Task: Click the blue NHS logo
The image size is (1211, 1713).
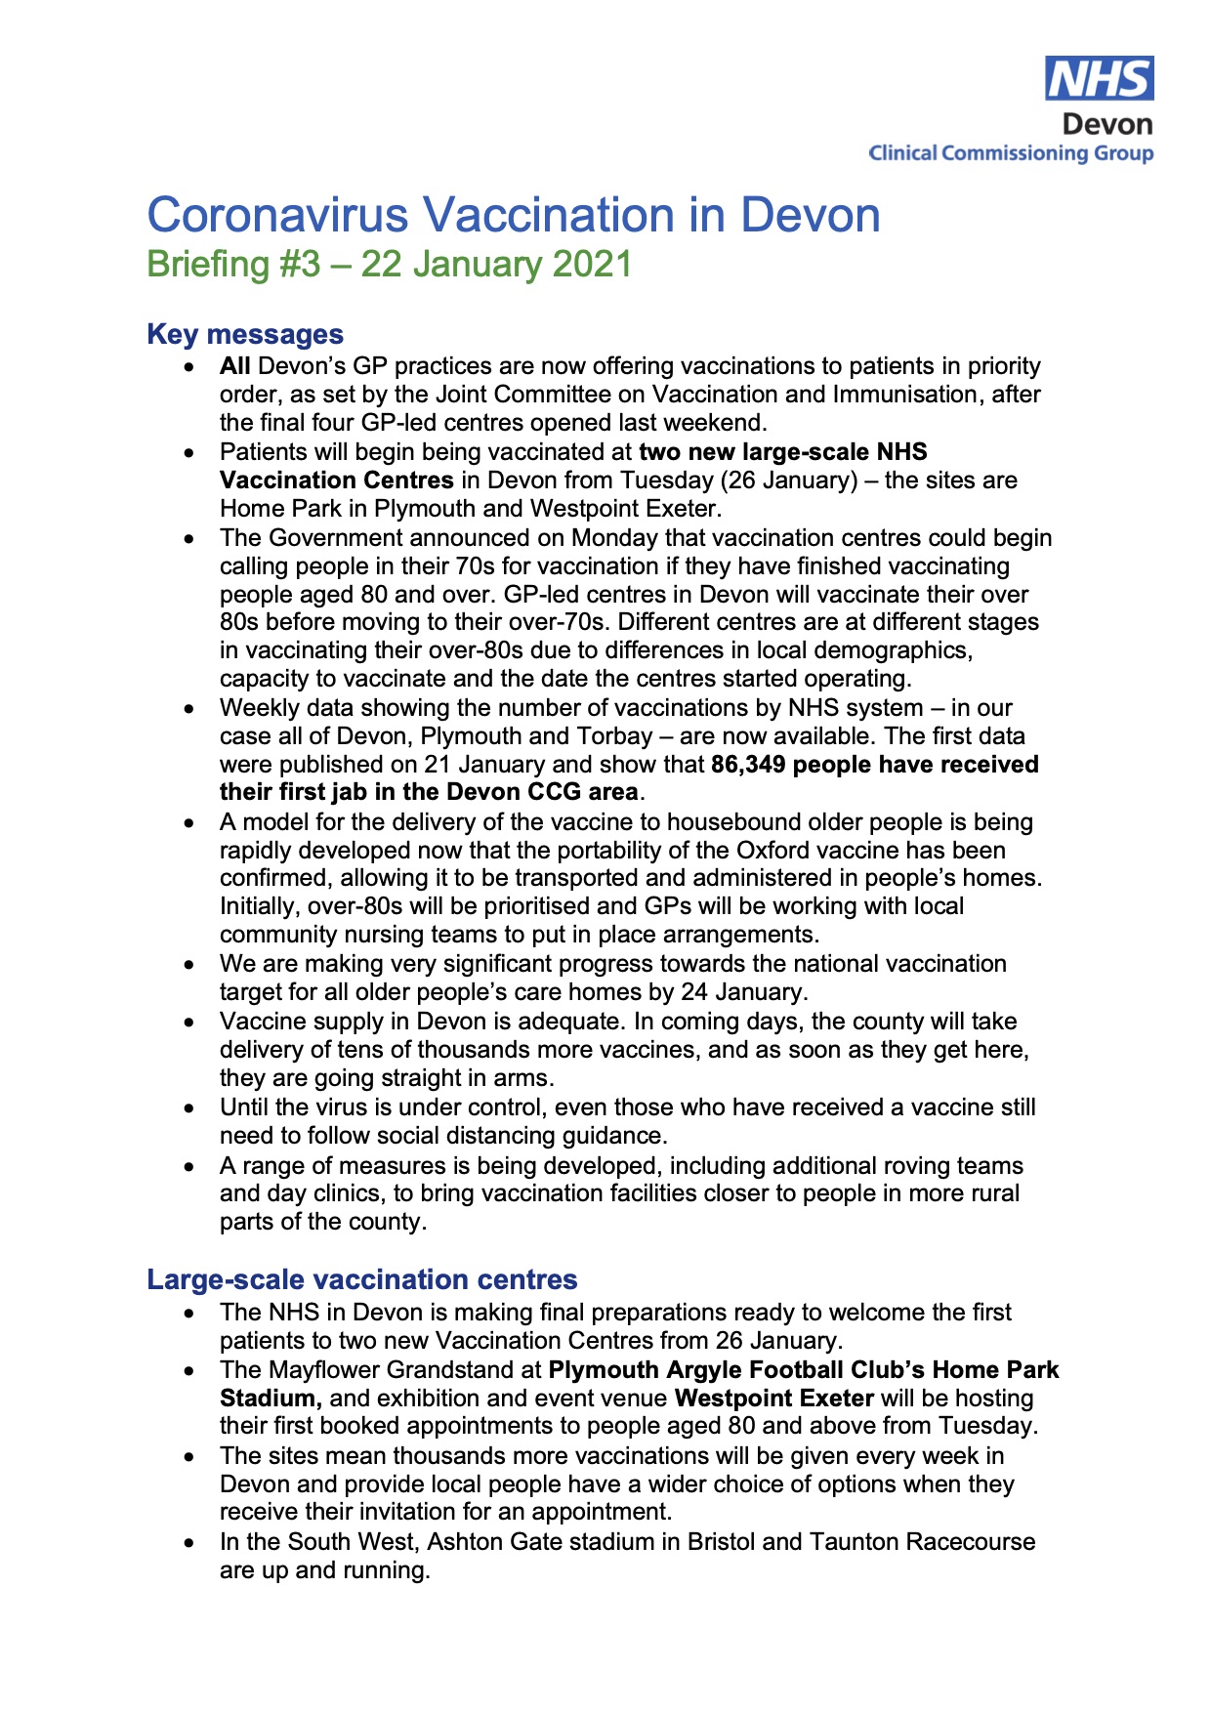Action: (x=1099, y=78)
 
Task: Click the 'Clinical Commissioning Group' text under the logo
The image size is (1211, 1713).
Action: (x=1011, y=153)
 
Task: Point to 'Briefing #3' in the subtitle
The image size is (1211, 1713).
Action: (x=233, y=265)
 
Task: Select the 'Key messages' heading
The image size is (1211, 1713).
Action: (x=245, y=334)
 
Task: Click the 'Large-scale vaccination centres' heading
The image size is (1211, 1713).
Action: (x=362, y=1279)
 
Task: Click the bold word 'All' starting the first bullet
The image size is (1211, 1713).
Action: (x=234, y=366)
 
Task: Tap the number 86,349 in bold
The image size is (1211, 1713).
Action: (x=748, y=765)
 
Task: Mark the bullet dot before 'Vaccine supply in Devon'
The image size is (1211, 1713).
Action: (x=189, y=1023)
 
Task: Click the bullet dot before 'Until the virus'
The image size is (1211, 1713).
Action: (x=189, y=1108)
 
